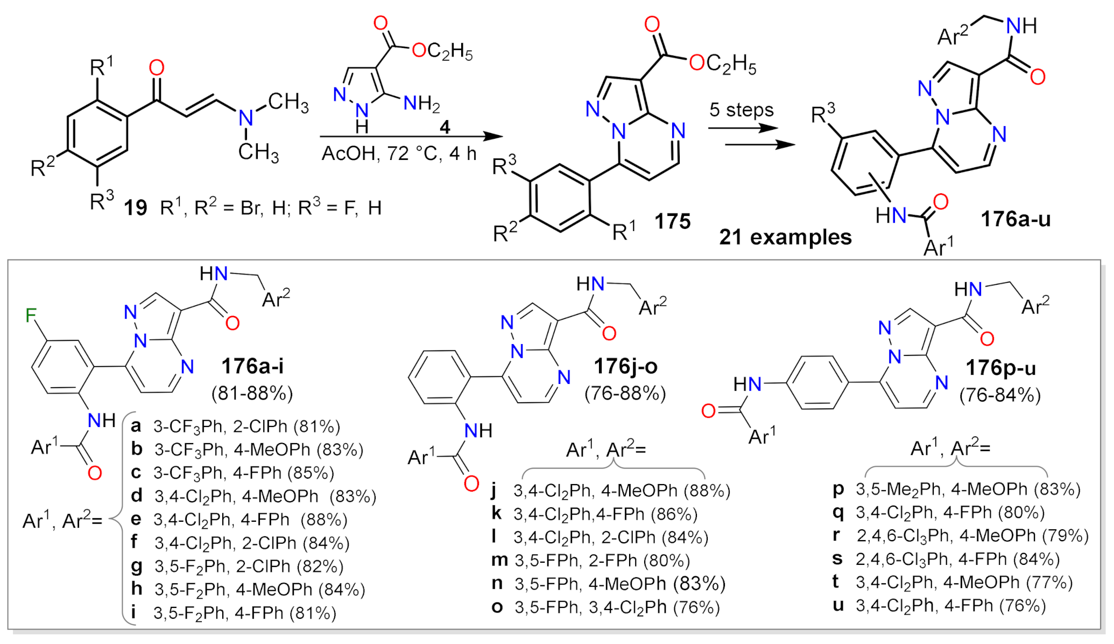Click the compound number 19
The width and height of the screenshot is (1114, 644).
tap(135, 208)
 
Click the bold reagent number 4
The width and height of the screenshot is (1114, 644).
tap(445, 128)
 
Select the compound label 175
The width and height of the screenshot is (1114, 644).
tap(672, 221)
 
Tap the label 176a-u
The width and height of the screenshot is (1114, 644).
tap(1015, 220)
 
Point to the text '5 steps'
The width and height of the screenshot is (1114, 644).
tap(741, 110)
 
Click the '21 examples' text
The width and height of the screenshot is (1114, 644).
tap(785, 237)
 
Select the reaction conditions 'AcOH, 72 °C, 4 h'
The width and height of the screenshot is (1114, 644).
tap(399, 154)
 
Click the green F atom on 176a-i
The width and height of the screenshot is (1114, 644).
tap(31, 316)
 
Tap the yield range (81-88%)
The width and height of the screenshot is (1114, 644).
tap(252, 394)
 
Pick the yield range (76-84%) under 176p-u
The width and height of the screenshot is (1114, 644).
tap(1000, 396)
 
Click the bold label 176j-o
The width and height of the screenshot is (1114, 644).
tap(625, 367)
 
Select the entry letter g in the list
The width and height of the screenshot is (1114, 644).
tap(137, 566)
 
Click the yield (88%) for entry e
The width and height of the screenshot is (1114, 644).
tap(323, 520)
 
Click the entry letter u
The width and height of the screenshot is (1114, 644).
tap(838, 605)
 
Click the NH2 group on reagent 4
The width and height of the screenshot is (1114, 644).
tap(421, 103)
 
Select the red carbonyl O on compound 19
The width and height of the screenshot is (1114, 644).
tap(157, 68)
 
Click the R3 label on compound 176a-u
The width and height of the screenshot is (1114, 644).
tap(822, 114)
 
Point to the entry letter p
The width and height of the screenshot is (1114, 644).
tap(838, 489)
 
